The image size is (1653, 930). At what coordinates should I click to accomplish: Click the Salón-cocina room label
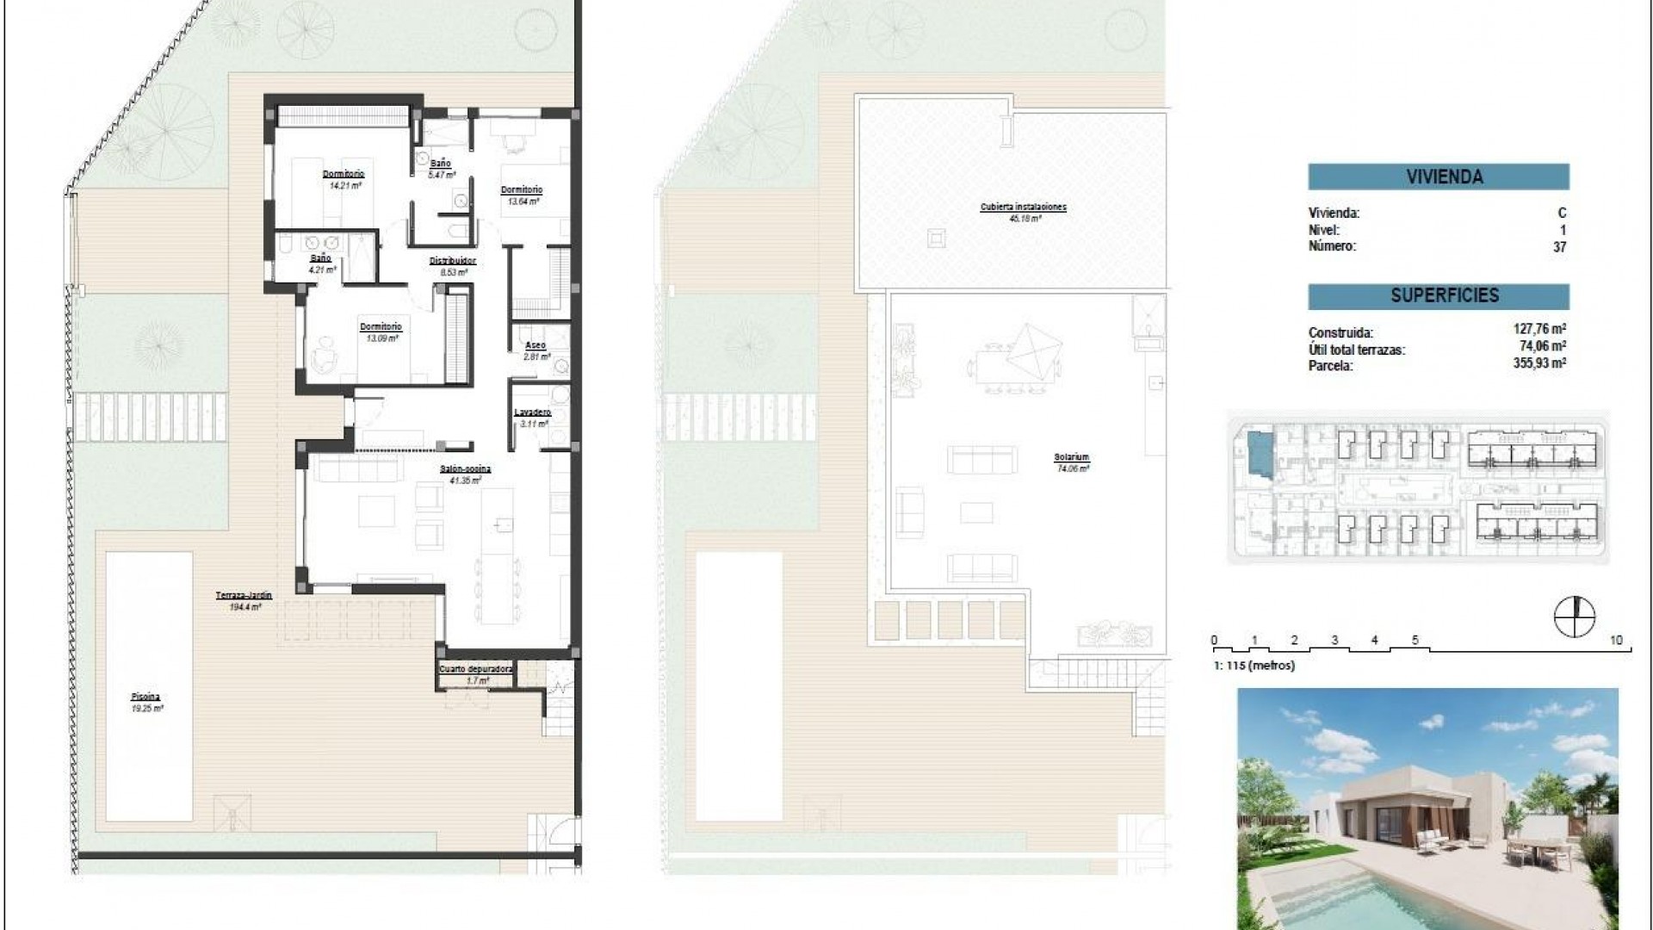click(470, 469)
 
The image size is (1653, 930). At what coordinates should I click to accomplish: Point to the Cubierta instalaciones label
click(1023, 208)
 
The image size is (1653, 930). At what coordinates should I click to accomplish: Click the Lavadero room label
click(532, 412)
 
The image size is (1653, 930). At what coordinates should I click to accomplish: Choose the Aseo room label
click(535, 345)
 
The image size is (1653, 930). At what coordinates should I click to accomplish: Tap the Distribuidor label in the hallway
click(453, 261)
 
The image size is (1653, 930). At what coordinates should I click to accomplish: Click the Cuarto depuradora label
click(475, 669)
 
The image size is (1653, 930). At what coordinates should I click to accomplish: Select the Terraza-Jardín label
click(244, 595)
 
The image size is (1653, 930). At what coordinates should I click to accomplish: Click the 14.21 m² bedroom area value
click(344, 184)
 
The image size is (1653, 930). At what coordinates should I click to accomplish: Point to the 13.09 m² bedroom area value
click(380, 338)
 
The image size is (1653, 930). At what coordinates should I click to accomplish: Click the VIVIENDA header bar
click(1438, 177)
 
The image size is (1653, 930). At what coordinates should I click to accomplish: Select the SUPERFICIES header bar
click(1438, 296)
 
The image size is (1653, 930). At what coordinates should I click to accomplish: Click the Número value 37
click(1559, 247)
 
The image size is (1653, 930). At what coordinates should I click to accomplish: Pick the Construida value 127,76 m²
click(1538, 330)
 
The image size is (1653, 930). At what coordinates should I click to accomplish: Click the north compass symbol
click(1575, 617)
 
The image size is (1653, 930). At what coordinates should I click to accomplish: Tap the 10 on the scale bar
click(1616, 640)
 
